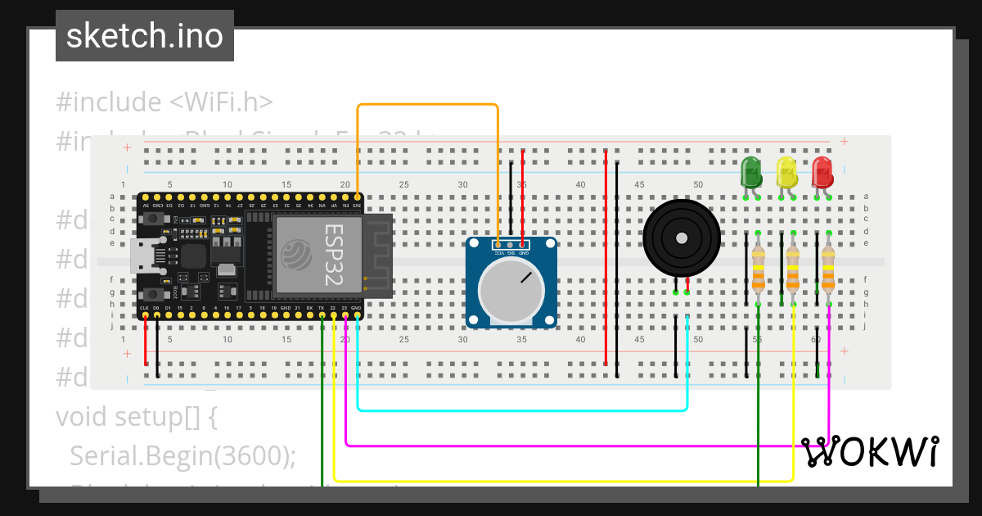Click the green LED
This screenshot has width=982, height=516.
pos(751,173)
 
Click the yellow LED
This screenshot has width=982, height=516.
pos(786,173)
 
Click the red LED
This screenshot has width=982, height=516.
pos(822,173)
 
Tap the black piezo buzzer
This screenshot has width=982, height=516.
pos(681,238)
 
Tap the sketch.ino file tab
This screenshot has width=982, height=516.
pos(145,36)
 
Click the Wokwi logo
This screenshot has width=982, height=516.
pos(869,451)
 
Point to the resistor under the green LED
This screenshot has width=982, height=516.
pos(758,270)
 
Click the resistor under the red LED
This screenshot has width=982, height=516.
pos(828,270)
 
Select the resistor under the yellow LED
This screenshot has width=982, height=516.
pos(792,270)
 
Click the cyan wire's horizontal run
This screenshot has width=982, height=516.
pos(524,409)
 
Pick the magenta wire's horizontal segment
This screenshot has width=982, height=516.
pos(573,446)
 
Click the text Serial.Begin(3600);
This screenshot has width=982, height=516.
pos(182,455)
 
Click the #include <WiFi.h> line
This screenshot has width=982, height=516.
pos(164,102)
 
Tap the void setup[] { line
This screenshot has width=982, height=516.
pos(136,416)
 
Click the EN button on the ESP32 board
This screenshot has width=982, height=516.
pos(152,220)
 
